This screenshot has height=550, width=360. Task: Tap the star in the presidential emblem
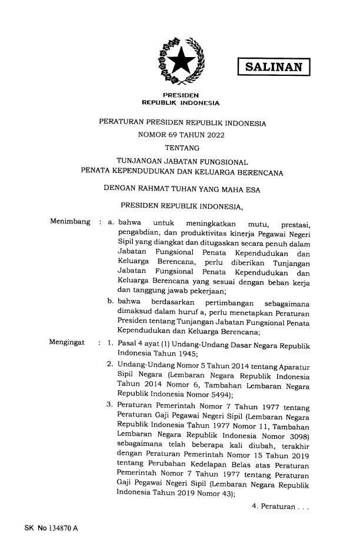coord(181,59)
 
